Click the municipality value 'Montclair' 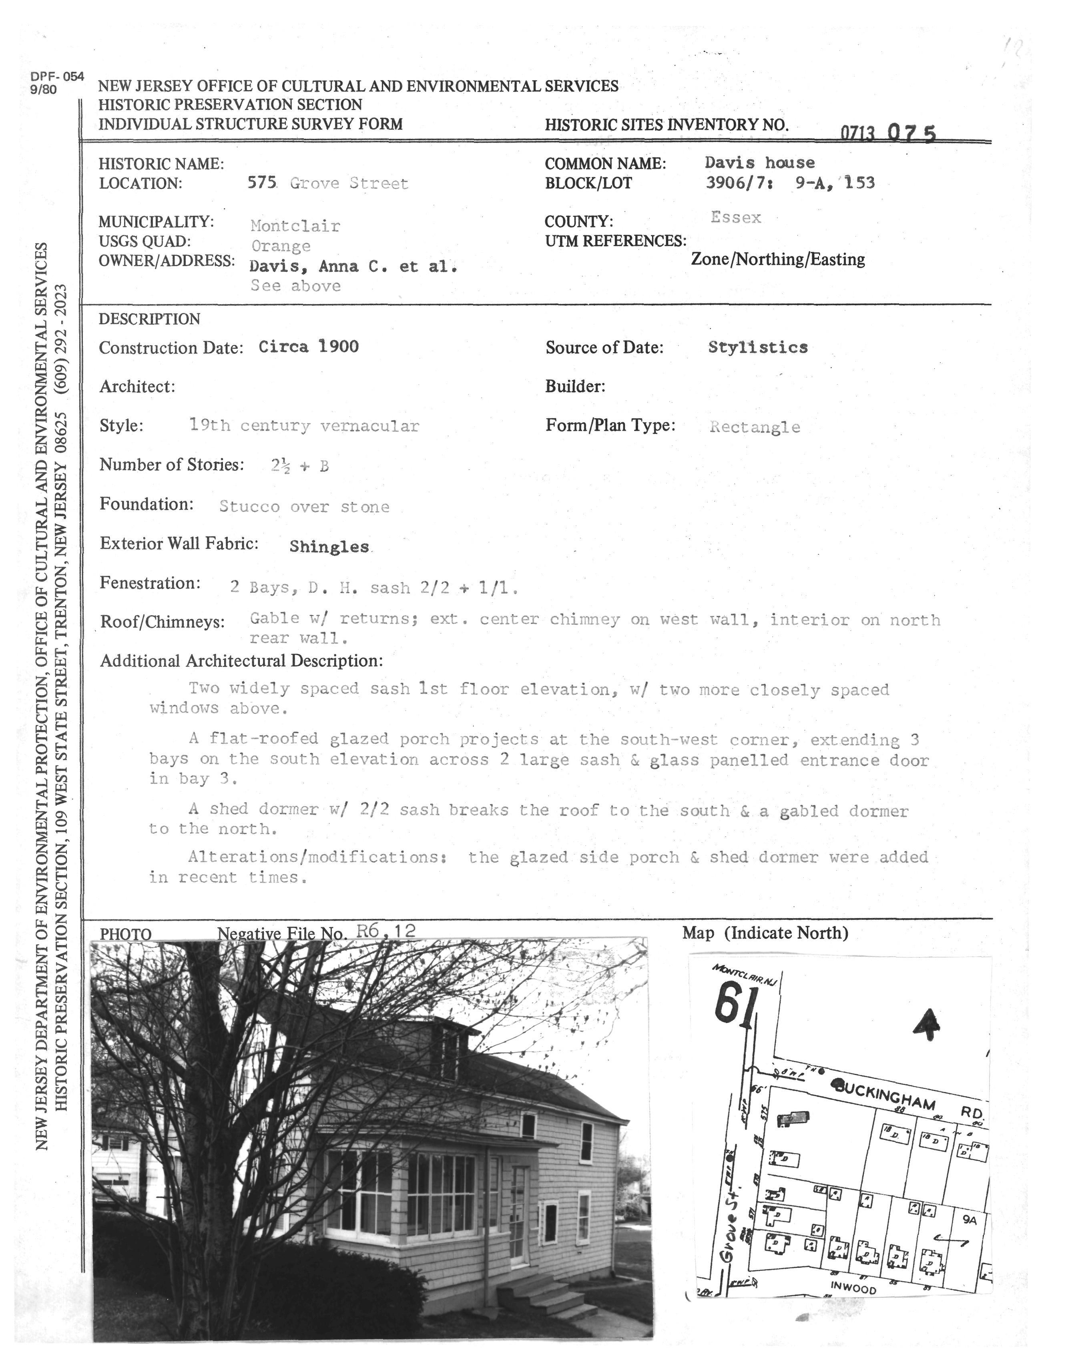coord(295,226)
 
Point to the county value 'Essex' coord(736,218)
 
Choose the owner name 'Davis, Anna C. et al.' coord(353,266)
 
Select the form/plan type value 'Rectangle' coord(755,427)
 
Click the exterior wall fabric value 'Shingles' coord(329,547)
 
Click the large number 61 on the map coord(733,1002)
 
